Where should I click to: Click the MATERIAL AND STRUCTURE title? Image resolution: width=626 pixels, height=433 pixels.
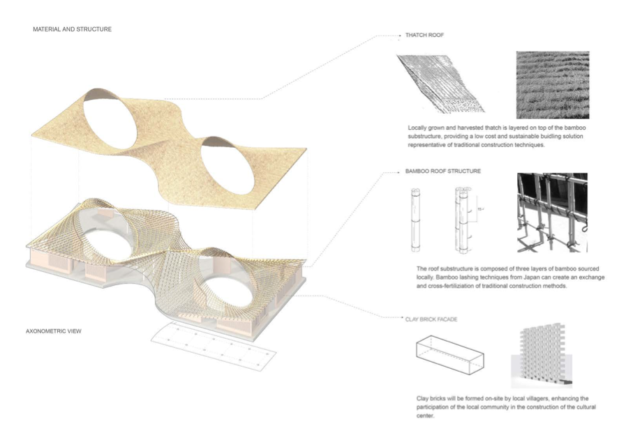(x=73, y=29)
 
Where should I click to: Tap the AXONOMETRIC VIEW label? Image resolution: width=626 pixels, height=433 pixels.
(x=54, y=331)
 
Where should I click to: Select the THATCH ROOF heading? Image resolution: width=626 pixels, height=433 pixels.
(x=424, y=35)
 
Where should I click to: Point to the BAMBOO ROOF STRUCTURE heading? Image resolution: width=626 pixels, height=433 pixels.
(x=442, y=171)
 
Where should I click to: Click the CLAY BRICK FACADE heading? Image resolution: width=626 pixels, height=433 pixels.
(x=431, y=319)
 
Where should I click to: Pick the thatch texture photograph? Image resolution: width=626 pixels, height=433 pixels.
(x=553, y=85)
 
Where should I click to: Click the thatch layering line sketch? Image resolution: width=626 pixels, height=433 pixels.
(x=440, y=84)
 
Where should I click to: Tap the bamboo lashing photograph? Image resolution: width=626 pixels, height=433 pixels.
(x=552, y=213)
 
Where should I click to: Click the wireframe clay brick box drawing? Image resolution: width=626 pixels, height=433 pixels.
(x=449, y=355)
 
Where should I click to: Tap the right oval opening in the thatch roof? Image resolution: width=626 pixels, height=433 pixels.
(x=228, y=166)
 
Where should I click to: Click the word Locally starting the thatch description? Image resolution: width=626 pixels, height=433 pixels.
(x=417, y=128)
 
